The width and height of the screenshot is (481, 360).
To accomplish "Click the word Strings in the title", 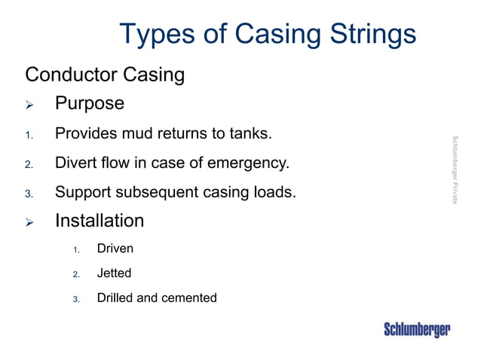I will tap(372, 35).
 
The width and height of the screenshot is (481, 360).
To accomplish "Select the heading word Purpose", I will tap(89, 103).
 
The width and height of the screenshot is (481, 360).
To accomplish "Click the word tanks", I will tap(248, 135).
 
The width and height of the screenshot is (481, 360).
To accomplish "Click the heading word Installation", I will tap(99, 221).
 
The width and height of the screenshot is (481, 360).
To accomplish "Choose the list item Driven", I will tap(115, 248).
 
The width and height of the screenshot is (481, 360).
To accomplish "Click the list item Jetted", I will tap(114, 273).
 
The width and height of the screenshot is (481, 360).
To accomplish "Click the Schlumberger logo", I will tap(417, 330).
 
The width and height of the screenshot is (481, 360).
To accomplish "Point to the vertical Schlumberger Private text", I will tap(455, 169).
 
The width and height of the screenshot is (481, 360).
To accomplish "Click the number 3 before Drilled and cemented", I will tap(75, 299).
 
